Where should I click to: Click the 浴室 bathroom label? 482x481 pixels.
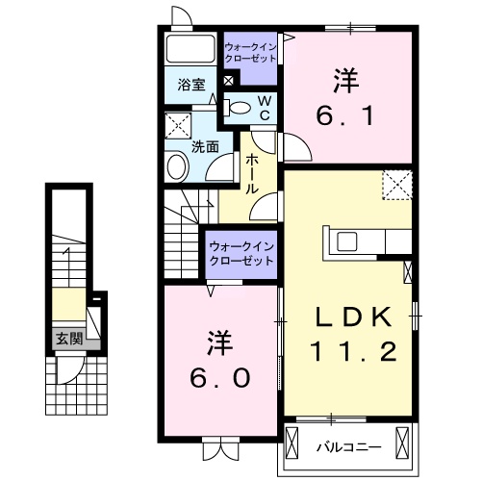pyautogui.click(x=190, y=84)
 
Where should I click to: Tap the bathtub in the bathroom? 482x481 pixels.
pyautogui.click(x=190, y=50)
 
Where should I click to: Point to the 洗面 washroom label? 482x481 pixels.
pyautogui.click(x=203, y=147)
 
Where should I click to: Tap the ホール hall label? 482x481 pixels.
pyautogui.click(x=250, y=174)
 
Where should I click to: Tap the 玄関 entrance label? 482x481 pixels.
pyautogui.click(x=67, y=338)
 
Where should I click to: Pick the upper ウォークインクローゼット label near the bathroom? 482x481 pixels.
pyautogui.click(x=250, y=52)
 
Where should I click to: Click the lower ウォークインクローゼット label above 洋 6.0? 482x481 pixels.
pyautogui.click(x=241, y=255)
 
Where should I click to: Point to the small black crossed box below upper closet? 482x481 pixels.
pyautogui.click(x=227, y=80)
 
